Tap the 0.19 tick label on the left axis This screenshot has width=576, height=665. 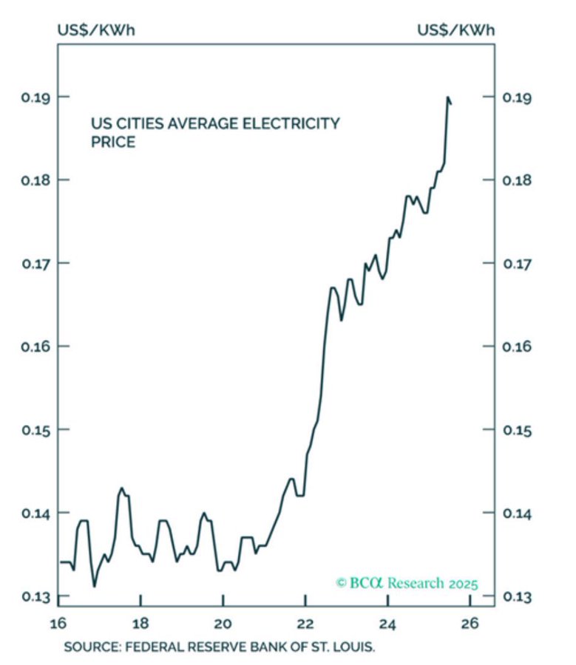pyautogui.click(x=29, y=97)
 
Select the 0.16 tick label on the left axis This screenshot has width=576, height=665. pyautogui.click(x=29, y=346)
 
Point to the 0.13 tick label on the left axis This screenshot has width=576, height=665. pyautogui.click(x=29, y=596)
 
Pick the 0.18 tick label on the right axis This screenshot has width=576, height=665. pyautogui.click(x=518, y=180)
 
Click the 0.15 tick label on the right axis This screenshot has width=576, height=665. pyautogui.click(x=518, y=429)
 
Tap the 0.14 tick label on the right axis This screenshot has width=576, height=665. pyautogui.click(x=518, y=513)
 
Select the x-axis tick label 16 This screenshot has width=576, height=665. pyautogui.click(x=58, y=621)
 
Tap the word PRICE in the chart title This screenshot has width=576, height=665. pyautogui.click(x=113, y=142)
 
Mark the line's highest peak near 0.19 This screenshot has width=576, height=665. pyautogui.click(x=447, y=97)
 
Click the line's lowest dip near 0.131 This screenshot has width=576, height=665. pyautogui.click(x=95, y=586)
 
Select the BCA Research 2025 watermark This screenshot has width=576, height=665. pyautogui.click(x=407, y=583)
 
